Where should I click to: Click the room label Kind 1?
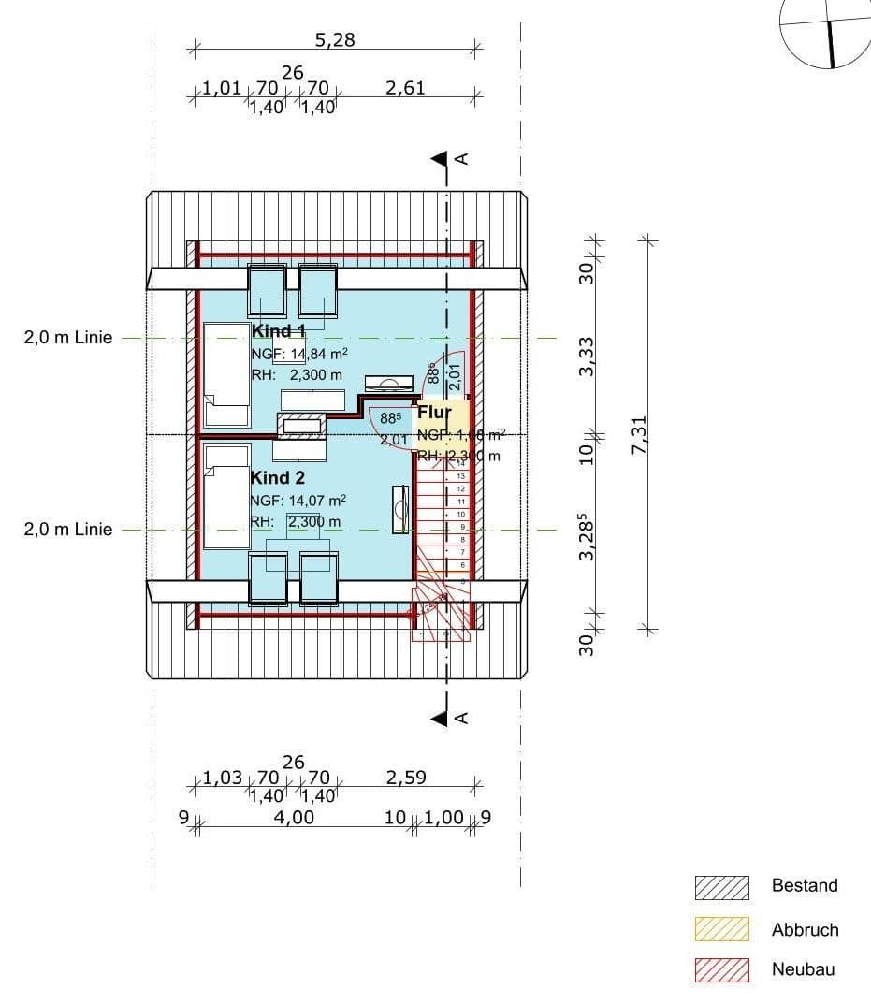(279, 331)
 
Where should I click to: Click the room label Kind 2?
(278, 478)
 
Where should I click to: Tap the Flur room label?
(434, 413)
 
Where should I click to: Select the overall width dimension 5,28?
(335, 40)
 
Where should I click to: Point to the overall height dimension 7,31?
(640, 434)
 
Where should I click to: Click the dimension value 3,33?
(587, 356)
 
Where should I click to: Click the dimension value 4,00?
(294, 817)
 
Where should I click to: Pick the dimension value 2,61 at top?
(405, 88)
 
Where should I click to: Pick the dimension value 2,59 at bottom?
(406, 778)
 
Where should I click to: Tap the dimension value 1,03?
(223, 778)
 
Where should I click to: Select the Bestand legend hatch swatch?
(722, 887)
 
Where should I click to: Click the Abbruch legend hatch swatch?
(722, 929)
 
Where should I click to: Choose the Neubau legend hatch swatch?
(722, 970)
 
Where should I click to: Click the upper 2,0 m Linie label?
(67, 338)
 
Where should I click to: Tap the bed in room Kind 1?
(226, 374)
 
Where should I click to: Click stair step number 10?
(460, 515)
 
